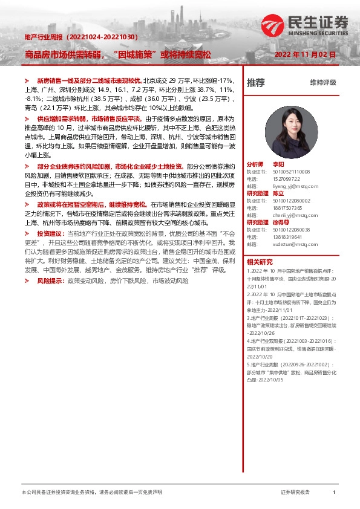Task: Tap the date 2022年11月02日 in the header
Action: click(x=305, y=54)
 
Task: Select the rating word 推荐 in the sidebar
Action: click(x=255, y=83)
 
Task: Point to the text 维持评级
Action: click(x=322, y=83)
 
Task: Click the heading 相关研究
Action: click(x=260, y=262)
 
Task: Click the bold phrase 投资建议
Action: click(x=49, y=233)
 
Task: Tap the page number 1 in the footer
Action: click(x=333, y=493)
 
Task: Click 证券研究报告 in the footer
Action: click(x=295, y=493)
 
